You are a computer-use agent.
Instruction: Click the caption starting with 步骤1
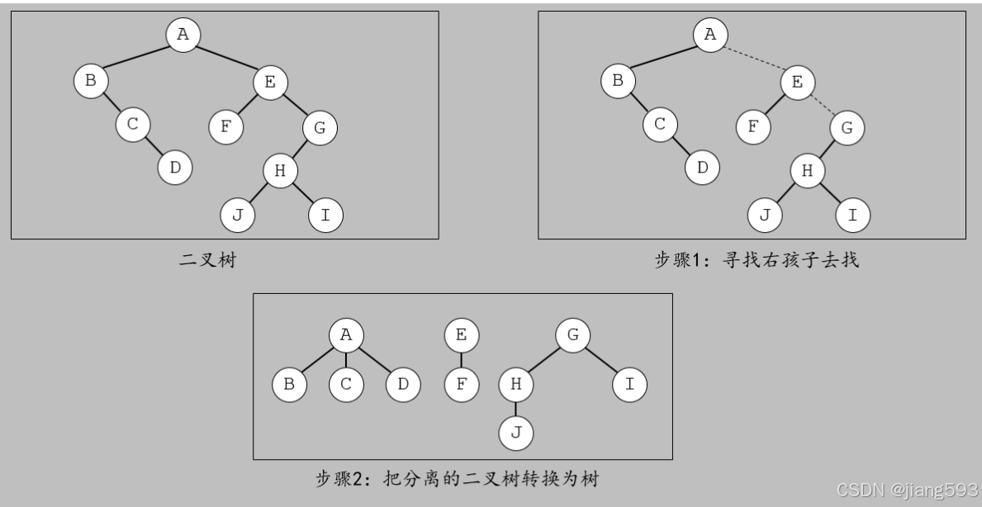757,262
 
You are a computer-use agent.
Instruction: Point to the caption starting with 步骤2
463,477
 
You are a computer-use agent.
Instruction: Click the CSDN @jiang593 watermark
906,490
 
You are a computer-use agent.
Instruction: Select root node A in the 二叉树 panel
183,34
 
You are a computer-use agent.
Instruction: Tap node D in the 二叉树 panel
175,168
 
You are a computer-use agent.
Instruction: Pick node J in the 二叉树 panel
237,216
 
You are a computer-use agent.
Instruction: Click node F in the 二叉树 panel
225,127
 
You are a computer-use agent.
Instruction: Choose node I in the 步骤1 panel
853,216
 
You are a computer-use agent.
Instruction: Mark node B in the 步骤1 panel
618,81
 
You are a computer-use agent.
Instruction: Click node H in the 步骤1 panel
807,171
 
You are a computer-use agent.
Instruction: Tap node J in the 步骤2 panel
516,433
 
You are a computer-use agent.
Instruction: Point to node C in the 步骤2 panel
346,384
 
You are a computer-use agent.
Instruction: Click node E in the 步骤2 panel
461,335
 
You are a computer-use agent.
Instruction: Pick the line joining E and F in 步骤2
461,359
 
